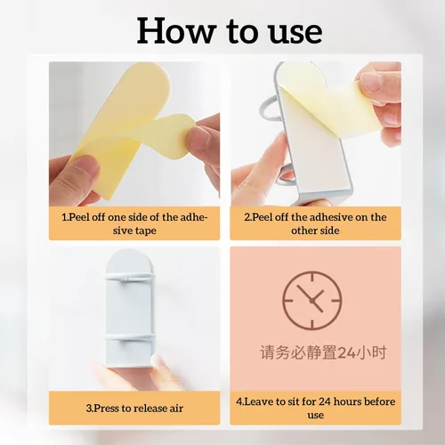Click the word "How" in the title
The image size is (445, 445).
tap(176, 31)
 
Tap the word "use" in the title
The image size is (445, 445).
tap(295, 33)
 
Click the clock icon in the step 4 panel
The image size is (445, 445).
tap(312, 301)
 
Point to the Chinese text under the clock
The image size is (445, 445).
tap(323, 352)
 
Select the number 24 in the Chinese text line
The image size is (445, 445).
tap(347, 352)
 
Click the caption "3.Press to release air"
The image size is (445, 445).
tap(134, 409)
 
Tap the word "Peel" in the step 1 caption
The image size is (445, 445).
tap(79, 217)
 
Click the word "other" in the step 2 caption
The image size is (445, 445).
tap(303, 231)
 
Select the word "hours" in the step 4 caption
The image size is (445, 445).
tap(347, 401)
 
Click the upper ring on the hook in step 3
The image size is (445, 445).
tap(130, 278)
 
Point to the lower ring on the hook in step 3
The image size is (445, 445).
tap(130, 337)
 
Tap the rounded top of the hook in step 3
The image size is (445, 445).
tap(130, 258)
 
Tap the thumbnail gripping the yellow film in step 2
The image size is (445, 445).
tap(371, 81)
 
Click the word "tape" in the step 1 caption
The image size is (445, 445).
tap(145, 231)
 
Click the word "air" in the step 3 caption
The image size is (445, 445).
tap(176, 409)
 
